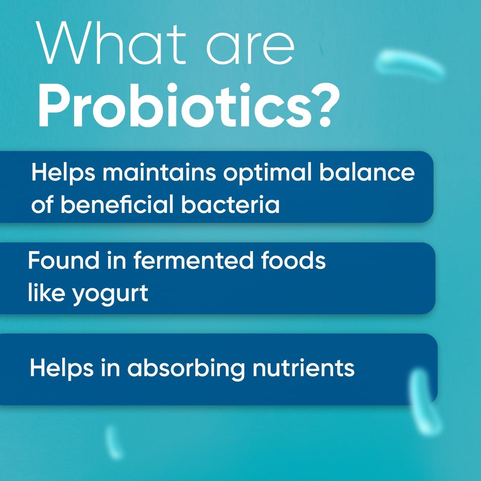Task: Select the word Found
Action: pyautogui.click(x=64, y=260)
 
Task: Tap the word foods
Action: pyautogui.click(x=293, y=260)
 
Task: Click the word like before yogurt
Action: pyautogui.click(x=46, y=293)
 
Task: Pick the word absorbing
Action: pyautogui.click(x=186, y=368)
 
